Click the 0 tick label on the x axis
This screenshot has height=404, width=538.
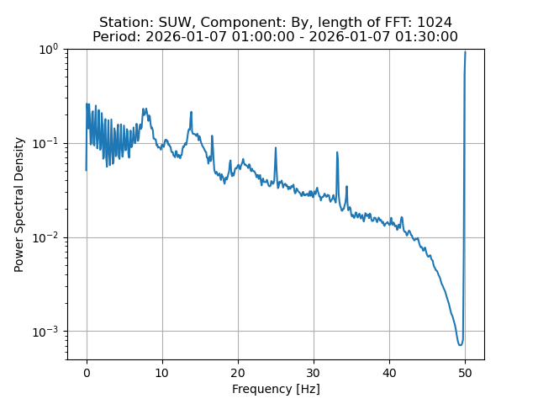click(86, 373)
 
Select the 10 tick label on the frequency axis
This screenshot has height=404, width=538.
click(162, 373)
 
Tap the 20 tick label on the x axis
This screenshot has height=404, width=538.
click(238, 373)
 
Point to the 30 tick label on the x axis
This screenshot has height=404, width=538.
click(314, 373)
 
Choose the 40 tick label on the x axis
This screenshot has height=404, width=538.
click(389, 373)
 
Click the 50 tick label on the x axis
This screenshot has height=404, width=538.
click(465, 373)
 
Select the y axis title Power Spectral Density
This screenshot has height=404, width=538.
click(18, 205)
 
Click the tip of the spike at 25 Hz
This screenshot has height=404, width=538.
click(276, 148)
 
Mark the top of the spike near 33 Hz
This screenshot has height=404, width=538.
click(337, 152)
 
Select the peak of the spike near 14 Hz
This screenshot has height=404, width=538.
click(192, 112)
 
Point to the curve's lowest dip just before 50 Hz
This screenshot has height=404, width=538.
click(460, 345)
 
